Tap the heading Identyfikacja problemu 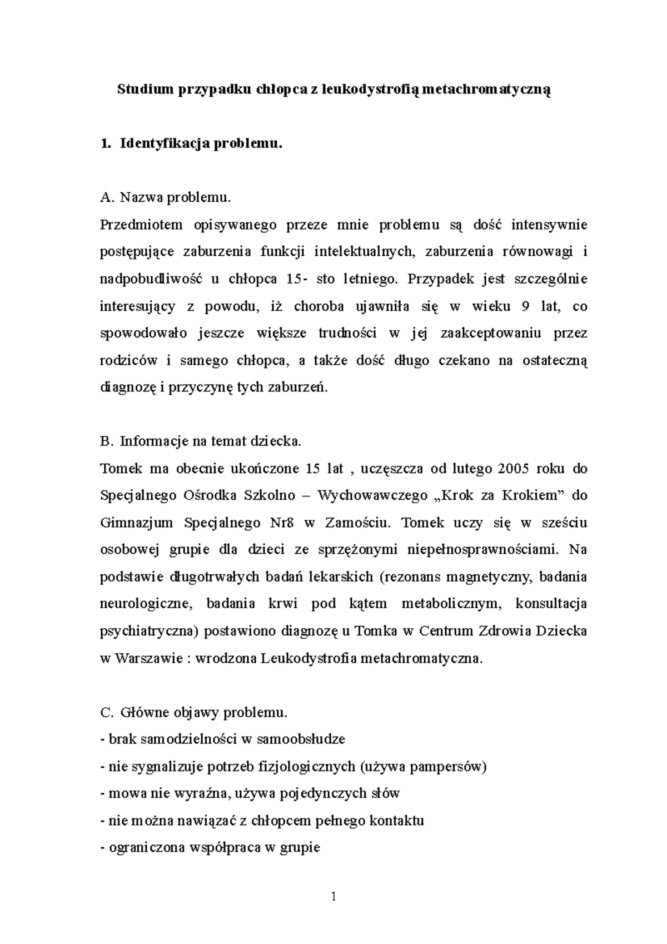tap(201, 144)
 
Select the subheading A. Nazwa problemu tap(165, 197)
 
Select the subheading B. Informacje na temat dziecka tap(201, 441)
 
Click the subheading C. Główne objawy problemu tap(194, 712)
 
